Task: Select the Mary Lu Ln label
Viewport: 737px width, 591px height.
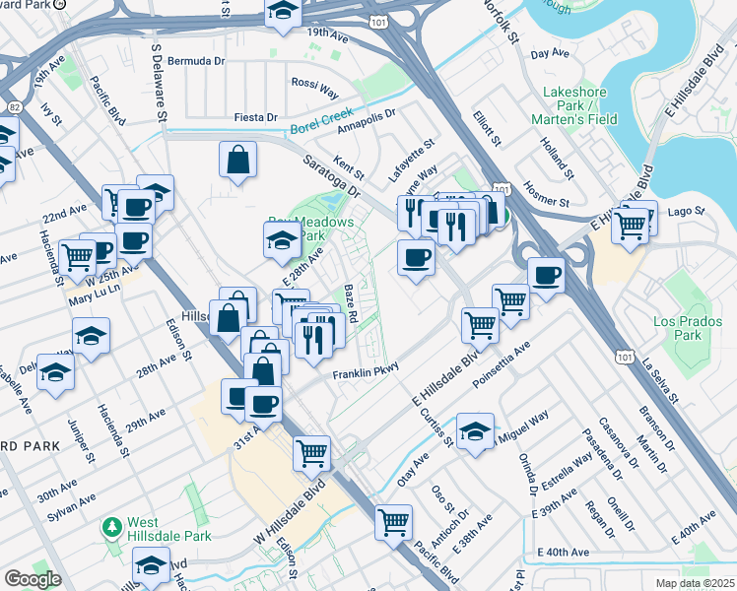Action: coord(93,291)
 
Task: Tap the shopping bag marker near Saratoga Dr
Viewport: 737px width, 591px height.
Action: coord(239,161)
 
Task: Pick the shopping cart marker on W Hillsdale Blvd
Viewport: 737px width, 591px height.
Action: coord(312,453)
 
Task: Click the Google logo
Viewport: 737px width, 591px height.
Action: coord(33,579)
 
